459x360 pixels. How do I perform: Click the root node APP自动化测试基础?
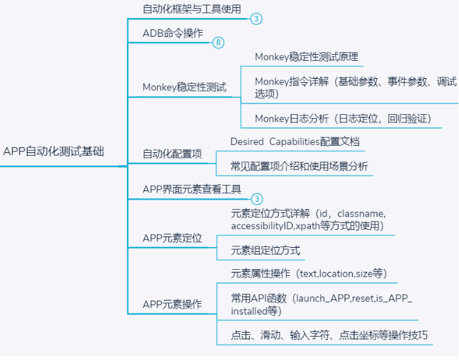pyautogui.click(x=53, y=152)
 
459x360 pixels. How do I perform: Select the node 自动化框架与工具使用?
pyautogui.click(x=192, y=9)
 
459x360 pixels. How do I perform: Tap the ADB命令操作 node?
pyautogui.click(x=172, y=33)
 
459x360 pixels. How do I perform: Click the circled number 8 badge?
pyautogui.click(x=218, y=43)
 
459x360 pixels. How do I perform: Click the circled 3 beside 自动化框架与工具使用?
pyautogui.click(x=257, y=19)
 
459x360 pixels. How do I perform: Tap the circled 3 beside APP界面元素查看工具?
pyautogui.click(x=257, y=199)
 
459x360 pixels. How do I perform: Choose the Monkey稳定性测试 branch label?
pyautogui.click(x=184, y=87)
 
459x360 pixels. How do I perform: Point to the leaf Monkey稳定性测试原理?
pyautogui.click(x=307, y=57)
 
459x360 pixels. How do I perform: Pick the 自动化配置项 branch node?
pyautogui.click(x=172, y=154)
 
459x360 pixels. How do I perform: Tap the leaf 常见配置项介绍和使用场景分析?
pyautogui.click(x=299, y=166)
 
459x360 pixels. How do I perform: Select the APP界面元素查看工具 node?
pyautogui.click(x=192, y=189)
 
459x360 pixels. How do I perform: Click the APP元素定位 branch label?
pyautogui.click(x=172, y=238)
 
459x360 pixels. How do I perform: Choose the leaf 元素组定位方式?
pyautogui.click(x=265, y=251)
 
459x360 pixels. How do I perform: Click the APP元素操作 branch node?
pyautogui.click(x=172, y=305)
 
